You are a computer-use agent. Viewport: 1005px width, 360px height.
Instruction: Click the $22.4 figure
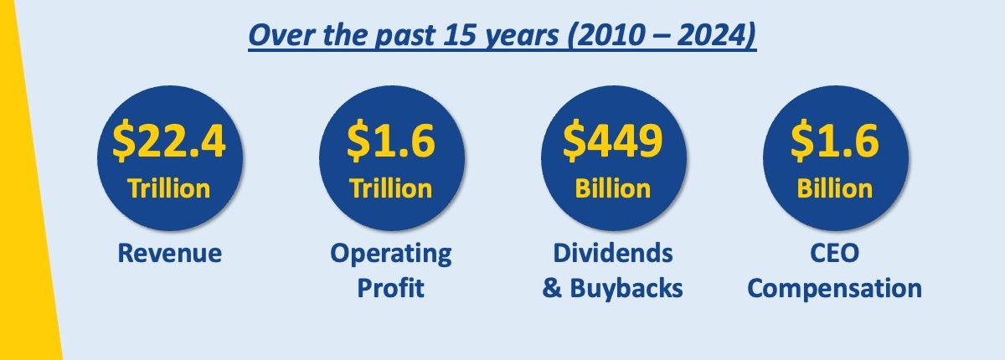pyautogui.click(x=168, y=141)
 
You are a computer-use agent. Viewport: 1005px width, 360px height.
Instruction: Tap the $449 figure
pyautogui.click(x=613, y=141)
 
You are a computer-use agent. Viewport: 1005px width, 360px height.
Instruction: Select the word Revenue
pyautogui.click(x=169, y=254)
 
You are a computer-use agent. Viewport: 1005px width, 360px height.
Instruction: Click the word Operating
pyautogui.click(x=391, y=255)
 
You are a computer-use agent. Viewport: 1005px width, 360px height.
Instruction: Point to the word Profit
pyautogui.click(x=391, y=288)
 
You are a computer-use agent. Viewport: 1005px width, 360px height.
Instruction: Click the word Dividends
pyautogui.click(x=613, y=254)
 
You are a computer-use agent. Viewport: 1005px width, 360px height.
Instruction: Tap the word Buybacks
pyautogui.click(x=626, y=288)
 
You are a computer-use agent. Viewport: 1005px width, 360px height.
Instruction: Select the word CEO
pyautogui.click(x=834, y=254)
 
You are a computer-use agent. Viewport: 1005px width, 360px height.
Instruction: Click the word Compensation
pyautogui.click(x=834, y=289)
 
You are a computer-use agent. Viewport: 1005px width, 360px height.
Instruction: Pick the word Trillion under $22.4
pyautogui.click(x=168, y=188)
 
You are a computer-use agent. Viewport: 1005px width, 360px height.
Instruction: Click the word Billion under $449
pyautogui.click(x=613, y=188)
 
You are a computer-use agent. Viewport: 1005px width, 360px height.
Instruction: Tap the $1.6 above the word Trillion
pyautogui.click(x=391, y=141)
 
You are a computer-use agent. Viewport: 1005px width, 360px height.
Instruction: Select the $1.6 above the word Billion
pyautogui.click(x=834, y=141)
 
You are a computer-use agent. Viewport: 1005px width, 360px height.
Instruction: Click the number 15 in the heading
pyautogui.click(x=460, y=35)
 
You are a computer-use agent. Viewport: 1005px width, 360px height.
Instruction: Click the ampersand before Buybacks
pyautogui.click(x=552, y=288)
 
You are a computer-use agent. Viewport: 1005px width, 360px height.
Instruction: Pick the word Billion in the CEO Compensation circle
pyautogui.click(x=834, y=188)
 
